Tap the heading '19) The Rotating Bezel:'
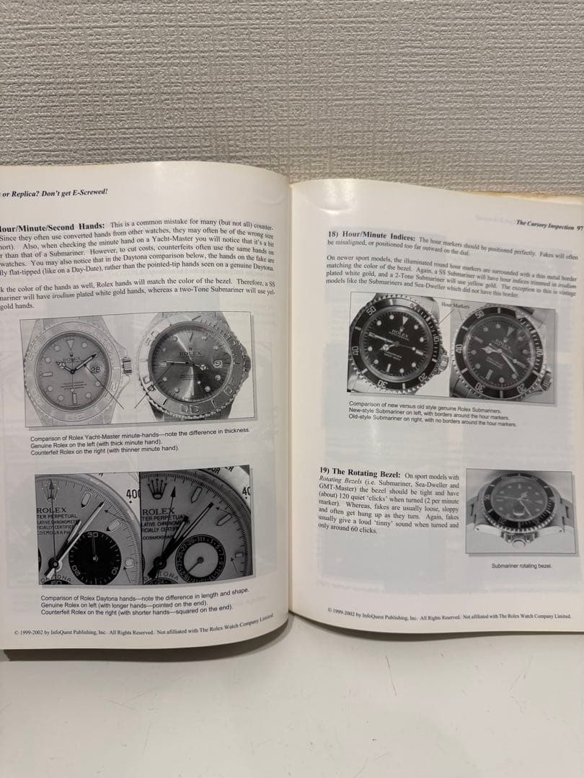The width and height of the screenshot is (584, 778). tap(360, 472)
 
